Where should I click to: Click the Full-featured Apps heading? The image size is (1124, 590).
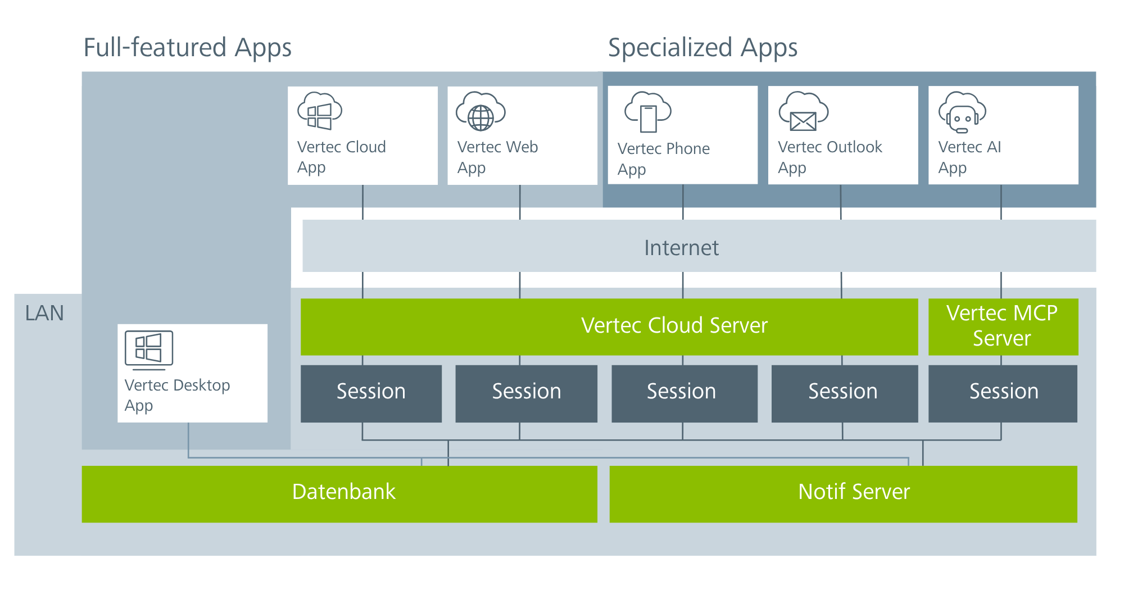[x=188, y=48]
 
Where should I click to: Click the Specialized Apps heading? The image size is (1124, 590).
[x=703, y=48]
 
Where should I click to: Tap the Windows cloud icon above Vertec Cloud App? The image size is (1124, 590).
[x=320, y=111]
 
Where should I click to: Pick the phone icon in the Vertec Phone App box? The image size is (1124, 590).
[x=648, y=112]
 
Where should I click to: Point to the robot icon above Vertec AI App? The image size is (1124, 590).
[x=962, y=112]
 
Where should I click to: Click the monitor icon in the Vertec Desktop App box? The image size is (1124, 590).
[x=149, y=350]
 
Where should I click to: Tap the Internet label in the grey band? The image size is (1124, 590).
[x=681, y=248]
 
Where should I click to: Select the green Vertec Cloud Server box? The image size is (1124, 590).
[x=609, y=326]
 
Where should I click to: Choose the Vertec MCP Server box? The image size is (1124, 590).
[x=1003, y=326]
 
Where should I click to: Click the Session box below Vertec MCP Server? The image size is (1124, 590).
[x=1003, y=393]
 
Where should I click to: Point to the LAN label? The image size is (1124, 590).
[x=44, y=313]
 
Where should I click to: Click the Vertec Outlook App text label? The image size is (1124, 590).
[x=830, y=157]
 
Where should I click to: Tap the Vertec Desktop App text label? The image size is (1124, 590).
[x=177, y=395]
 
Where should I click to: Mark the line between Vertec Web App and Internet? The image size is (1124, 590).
[x=520, y=202]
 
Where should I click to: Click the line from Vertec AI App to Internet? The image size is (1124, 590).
[x=1001, y=202]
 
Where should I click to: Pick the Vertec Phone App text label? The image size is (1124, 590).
[x=664, y=159]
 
